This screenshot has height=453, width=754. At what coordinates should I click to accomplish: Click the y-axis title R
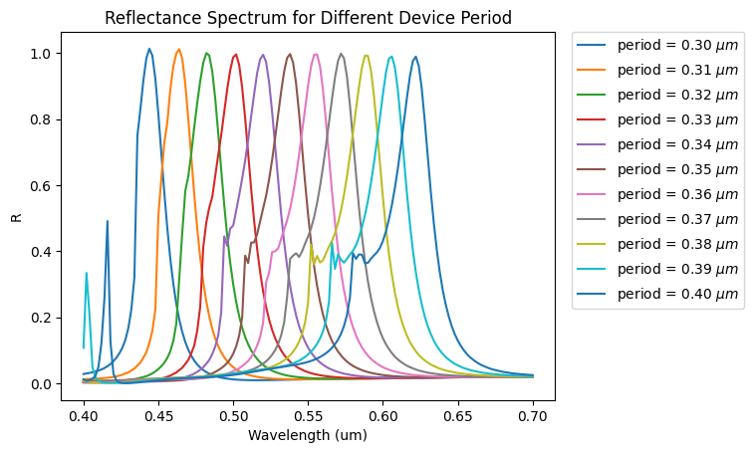(x=16, y=216)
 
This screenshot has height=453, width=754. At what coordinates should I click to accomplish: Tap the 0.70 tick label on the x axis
(x=533, y=409)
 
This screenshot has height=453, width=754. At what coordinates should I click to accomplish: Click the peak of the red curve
(x=236, y=54)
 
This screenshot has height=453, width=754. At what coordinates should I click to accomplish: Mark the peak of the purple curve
(x=263, y=55)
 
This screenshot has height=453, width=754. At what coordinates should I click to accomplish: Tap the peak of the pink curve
(x=316, y=54)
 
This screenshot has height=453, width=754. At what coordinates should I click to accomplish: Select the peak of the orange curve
(x=179, y=49)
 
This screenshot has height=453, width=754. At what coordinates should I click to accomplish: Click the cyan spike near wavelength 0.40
(x=87, y=273)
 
